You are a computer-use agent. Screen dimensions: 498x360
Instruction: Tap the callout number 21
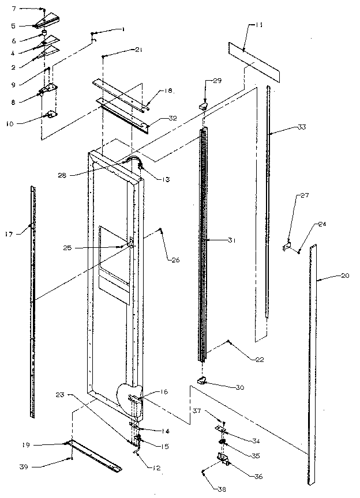(138, 50)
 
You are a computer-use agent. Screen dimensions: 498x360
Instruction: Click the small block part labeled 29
(204, 105)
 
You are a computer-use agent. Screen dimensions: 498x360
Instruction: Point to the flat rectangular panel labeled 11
(254, 59)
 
